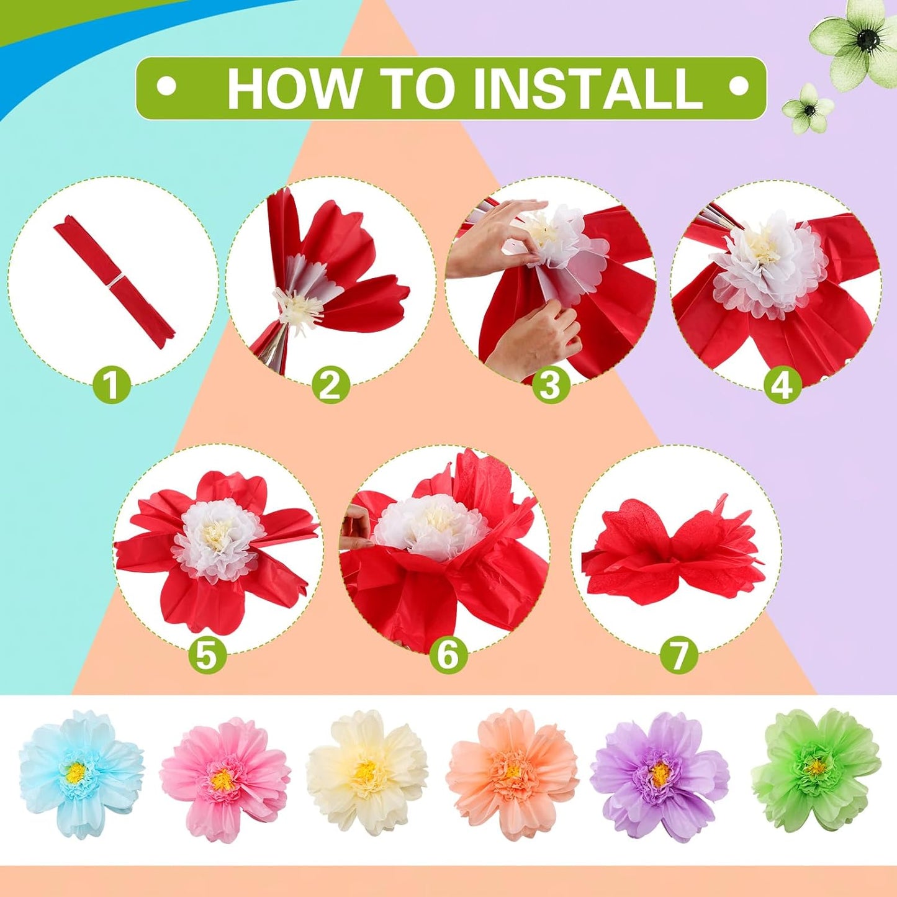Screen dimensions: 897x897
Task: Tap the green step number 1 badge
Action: (112, 385)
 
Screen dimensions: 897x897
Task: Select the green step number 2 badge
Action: (330, 385)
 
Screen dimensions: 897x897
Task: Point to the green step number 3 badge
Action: (550, 385)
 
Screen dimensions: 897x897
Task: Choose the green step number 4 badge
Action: (782, 385)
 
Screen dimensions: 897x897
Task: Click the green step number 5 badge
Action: (207, 655)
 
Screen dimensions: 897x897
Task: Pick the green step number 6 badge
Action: (448, 655)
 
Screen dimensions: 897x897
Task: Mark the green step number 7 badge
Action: (678, 655)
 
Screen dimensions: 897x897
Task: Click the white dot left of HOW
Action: (166, 88)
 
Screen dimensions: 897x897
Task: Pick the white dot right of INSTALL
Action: (737, 88)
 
